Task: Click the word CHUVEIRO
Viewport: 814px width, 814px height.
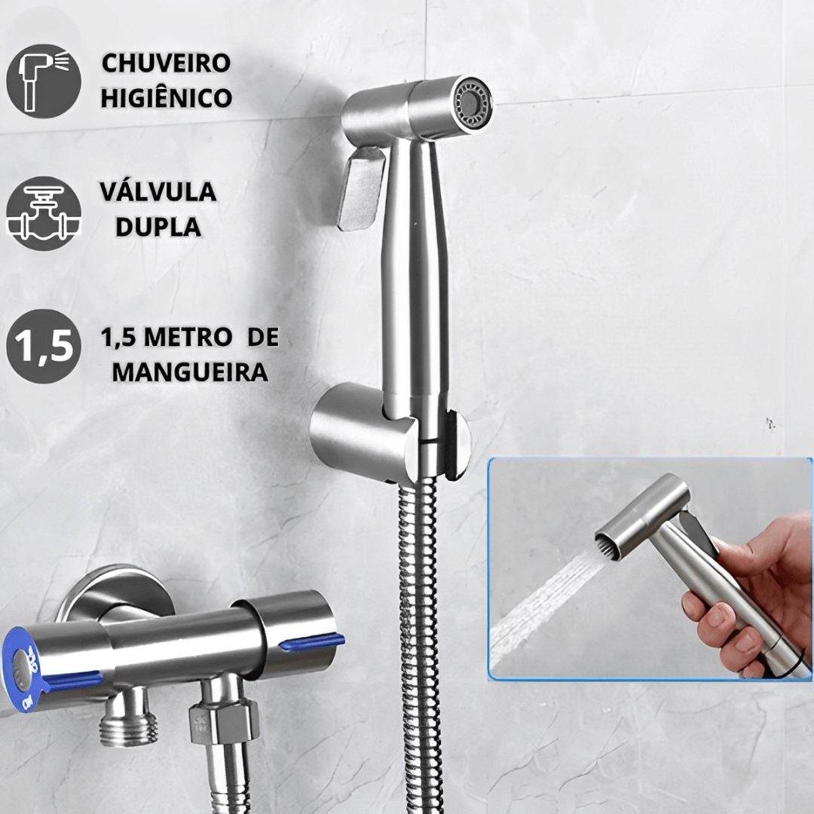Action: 166,63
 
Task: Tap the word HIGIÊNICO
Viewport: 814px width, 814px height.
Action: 166,97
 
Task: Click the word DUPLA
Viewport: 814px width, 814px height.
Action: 158,226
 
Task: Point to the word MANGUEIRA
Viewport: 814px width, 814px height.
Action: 190,372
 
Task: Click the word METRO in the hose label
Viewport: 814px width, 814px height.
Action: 188,338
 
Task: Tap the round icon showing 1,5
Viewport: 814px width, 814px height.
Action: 44,346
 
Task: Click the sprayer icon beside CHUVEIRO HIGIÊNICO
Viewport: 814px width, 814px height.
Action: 44,81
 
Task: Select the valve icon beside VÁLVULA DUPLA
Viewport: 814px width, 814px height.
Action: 44,213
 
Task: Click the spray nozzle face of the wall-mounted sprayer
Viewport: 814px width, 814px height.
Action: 471,101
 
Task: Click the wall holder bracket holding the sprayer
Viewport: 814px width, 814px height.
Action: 390,433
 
